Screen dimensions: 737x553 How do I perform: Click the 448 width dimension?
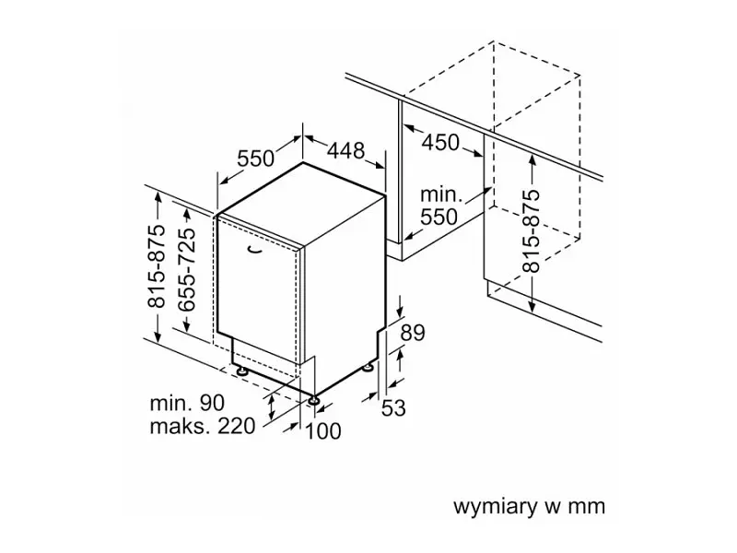tap(346, 150)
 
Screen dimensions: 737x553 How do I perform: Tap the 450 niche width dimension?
tap(440, 142)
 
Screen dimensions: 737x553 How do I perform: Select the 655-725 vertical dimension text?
tap(187, 269)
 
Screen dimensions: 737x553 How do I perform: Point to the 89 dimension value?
tap(412, 333)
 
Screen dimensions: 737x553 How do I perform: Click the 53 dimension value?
tap(393, 407)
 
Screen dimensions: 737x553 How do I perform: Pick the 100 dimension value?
tap(323, 431)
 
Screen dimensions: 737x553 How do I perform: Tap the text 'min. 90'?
tap(187, 403)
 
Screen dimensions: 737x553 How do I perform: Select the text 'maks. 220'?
tap(202, 426)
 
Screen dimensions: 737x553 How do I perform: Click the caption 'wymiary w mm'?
tap(529, 506)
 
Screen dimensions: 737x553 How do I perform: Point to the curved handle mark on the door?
tap(254, 250)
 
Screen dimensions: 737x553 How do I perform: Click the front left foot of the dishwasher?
tap(242, 371)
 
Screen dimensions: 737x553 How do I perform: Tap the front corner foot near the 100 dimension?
tap(312, 400)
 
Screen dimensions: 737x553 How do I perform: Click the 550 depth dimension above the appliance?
tap(255, 159)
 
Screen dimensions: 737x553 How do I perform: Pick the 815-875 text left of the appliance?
tap(157, 266)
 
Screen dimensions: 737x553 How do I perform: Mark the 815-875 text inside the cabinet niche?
tap(532, 230)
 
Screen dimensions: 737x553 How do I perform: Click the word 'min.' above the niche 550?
tap(439, 194)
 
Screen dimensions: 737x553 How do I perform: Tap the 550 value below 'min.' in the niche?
tap(439, 217)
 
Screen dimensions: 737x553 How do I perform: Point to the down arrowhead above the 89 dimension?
tap(400, 312)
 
